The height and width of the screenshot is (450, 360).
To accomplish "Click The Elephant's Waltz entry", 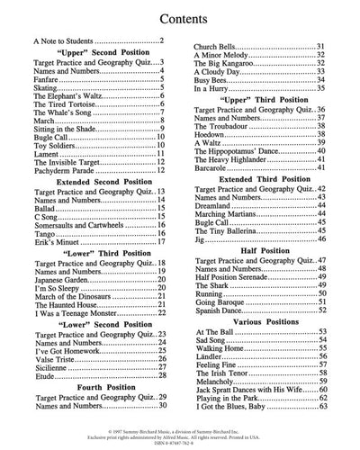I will [67, 121].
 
